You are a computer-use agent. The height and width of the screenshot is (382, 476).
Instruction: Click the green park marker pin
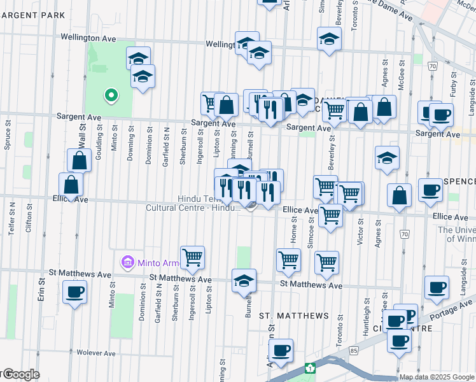(x=111, y=96)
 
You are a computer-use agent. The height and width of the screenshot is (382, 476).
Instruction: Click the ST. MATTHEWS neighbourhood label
(x=294, y=316)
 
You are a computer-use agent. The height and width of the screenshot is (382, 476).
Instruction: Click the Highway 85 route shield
(x=353, y=350)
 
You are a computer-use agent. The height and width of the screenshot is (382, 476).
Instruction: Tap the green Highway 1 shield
(x=310, y=368)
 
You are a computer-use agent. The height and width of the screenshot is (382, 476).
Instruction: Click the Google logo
(x=20, y=374)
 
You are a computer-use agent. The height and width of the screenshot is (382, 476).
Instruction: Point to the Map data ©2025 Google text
(x=437, y=377)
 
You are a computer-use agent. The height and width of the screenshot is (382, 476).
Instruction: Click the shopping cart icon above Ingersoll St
(x=192, y=258)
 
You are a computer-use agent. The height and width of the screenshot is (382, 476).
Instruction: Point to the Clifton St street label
(x=29, y=220)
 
